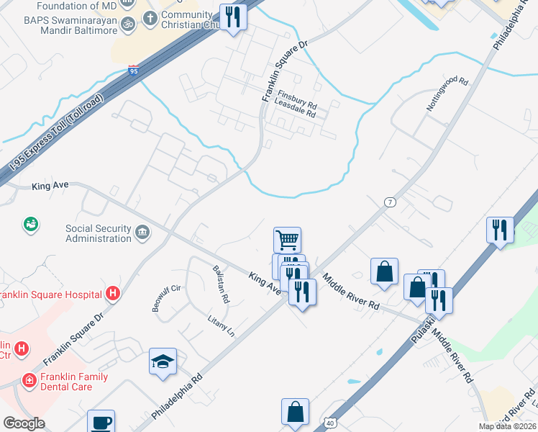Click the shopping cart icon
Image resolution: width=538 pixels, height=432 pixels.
[x=287, y=239]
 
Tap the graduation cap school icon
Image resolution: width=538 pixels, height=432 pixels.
[x=163, y=361]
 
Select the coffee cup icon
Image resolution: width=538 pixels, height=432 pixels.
[x=101, y=422]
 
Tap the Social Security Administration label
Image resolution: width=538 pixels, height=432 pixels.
[x=98, y=233]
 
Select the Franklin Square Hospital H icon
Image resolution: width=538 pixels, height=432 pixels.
[x=112, y=293]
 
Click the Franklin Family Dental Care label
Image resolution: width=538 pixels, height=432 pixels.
[x=74, y=382]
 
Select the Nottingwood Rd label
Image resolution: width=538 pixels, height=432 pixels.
[x=447, y=94]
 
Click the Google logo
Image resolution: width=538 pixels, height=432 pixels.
[x=24, y=423]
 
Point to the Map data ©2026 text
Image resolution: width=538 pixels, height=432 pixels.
[x=508, y=426]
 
